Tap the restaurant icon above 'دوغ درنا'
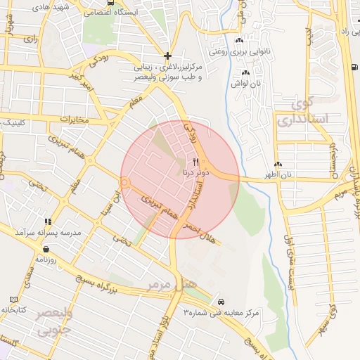pos(186,161)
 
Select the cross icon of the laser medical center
pos(167,55)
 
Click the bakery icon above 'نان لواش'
pos(245,73)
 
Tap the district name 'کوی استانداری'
pos(303,111)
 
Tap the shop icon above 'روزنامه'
pos(46,248)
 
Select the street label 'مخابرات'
pos(73,120)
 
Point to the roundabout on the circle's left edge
pos(125,183)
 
